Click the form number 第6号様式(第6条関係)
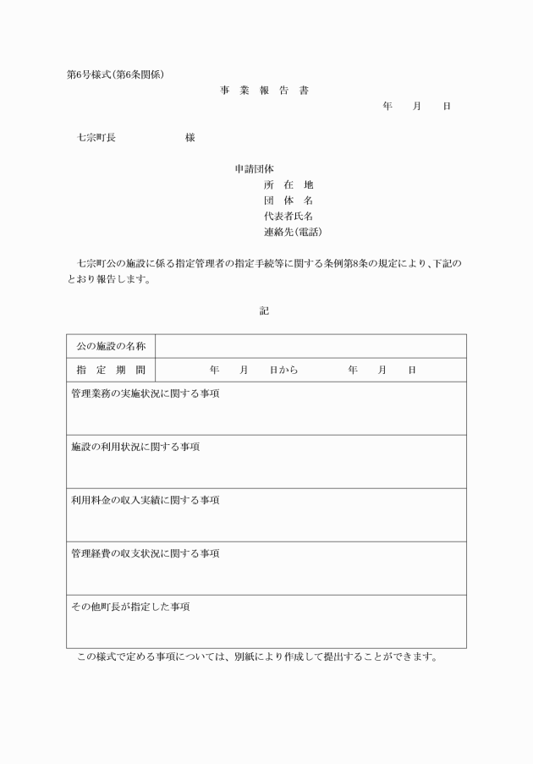[115, 74]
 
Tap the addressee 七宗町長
[96, 138]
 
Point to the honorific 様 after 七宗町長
[190, 138]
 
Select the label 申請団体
[254, 168]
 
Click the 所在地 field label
[288, 184]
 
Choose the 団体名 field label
[288, 201]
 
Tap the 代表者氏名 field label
[288, 216]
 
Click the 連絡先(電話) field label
[293, 231]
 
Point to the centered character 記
[264, 311]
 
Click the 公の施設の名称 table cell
[111, 346]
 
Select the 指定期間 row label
[111, 370]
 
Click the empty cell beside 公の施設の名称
[310, 346]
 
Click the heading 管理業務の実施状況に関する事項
[146, 393]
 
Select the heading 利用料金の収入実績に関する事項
[146, 500]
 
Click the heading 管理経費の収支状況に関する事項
[146, 553]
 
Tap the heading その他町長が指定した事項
[130, 607]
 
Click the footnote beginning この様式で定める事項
[257, 657]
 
